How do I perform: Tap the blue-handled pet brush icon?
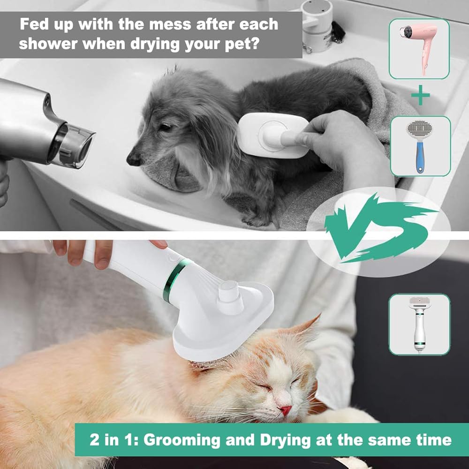[x=420, y=146]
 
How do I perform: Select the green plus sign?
[x=420, y=95]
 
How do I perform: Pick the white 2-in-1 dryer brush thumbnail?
[x=419, y=324]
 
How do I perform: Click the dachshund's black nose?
[x=133, y=159]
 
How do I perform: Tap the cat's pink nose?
[x=286, y=410]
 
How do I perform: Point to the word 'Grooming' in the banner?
[x=182, y=440]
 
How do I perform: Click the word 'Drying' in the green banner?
[x=285, y=440]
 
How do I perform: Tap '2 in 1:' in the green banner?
[x=114, y=440]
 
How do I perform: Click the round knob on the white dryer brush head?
[x=229, y=296]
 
